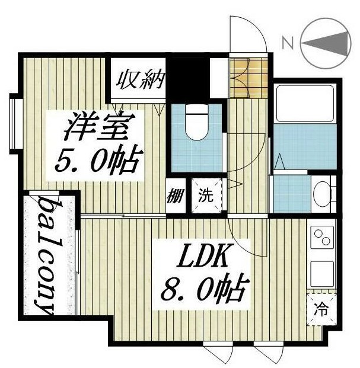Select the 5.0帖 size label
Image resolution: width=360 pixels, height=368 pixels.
pos(98,159)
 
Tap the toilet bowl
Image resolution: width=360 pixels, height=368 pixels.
pos(195,121)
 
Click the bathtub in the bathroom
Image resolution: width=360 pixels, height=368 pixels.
pos(304,104)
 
